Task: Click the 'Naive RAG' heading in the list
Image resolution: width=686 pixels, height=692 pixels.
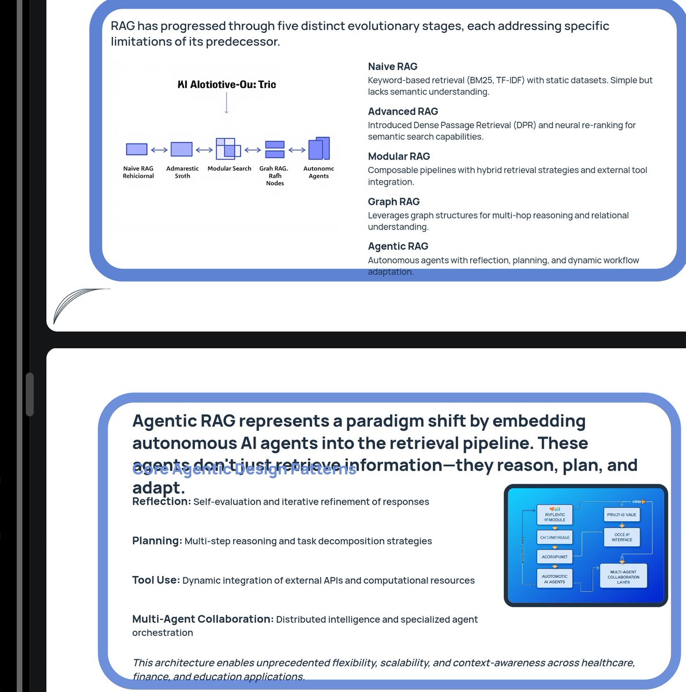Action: [392, 66]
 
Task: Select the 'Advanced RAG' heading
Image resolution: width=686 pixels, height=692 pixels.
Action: [403, 111]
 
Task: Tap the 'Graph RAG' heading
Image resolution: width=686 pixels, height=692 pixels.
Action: [393, 201]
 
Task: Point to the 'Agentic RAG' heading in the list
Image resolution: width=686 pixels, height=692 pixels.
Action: [398, 246]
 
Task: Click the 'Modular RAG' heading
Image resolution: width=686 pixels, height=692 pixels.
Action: [399, 156]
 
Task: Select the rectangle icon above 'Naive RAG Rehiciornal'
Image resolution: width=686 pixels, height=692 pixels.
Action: [137, 149]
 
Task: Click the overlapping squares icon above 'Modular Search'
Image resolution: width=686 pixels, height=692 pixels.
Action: [228, 148]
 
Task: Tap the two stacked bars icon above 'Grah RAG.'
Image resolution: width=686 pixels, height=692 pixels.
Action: [275, 149]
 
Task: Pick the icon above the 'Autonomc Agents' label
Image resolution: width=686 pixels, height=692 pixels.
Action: [319, 148]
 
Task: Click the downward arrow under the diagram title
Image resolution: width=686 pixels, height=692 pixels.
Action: [226, 103]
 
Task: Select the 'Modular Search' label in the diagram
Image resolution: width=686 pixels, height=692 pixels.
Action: [229, 168]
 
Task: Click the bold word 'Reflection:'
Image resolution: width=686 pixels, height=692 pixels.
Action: [161, 502]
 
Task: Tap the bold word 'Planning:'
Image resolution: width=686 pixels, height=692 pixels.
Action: [157, 541]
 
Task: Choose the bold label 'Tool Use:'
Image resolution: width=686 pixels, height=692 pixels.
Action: [156, 580]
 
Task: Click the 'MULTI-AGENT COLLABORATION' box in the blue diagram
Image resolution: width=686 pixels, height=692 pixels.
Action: [623, 577]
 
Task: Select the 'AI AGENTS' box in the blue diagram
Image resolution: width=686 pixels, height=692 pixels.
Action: [554, 579]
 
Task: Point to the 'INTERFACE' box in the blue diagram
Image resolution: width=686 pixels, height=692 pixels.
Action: [622, 537]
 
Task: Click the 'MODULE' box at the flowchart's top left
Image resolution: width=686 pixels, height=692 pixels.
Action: [554, 515]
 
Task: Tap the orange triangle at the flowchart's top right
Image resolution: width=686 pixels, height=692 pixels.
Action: [643, 502]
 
